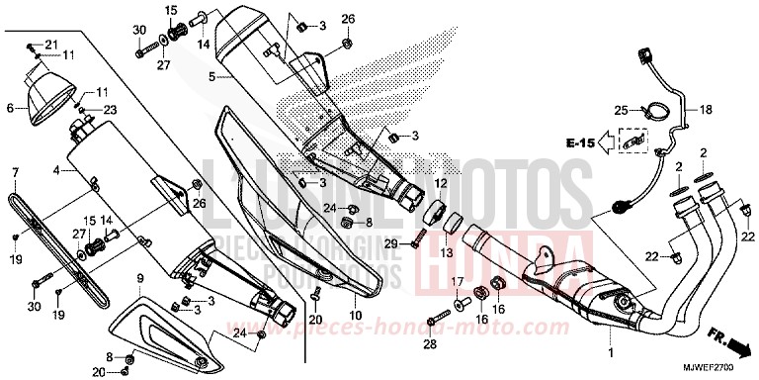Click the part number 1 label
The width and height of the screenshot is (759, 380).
[610, 352]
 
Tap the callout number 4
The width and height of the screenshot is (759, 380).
[57, 170]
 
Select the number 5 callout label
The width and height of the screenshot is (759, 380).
[211, 75]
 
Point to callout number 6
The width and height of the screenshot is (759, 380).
[10, 108]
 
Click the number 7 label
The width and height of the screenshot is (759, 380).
[15, 172]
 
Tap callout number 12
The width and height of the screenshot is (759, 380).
[441, 185]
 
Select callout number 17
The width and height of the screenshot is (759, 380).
[458, 282]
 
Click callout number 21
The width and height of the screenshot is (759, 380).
[52, 44]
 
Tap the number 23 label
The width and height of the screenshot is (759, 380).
[111, 109]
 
